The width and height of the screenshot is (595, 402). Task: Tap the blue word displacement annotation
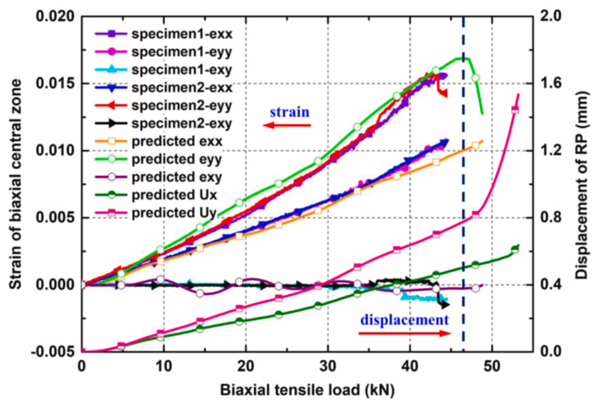(402, 320)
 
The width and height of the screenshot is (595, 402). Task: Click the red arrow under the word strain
(287, 126)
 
